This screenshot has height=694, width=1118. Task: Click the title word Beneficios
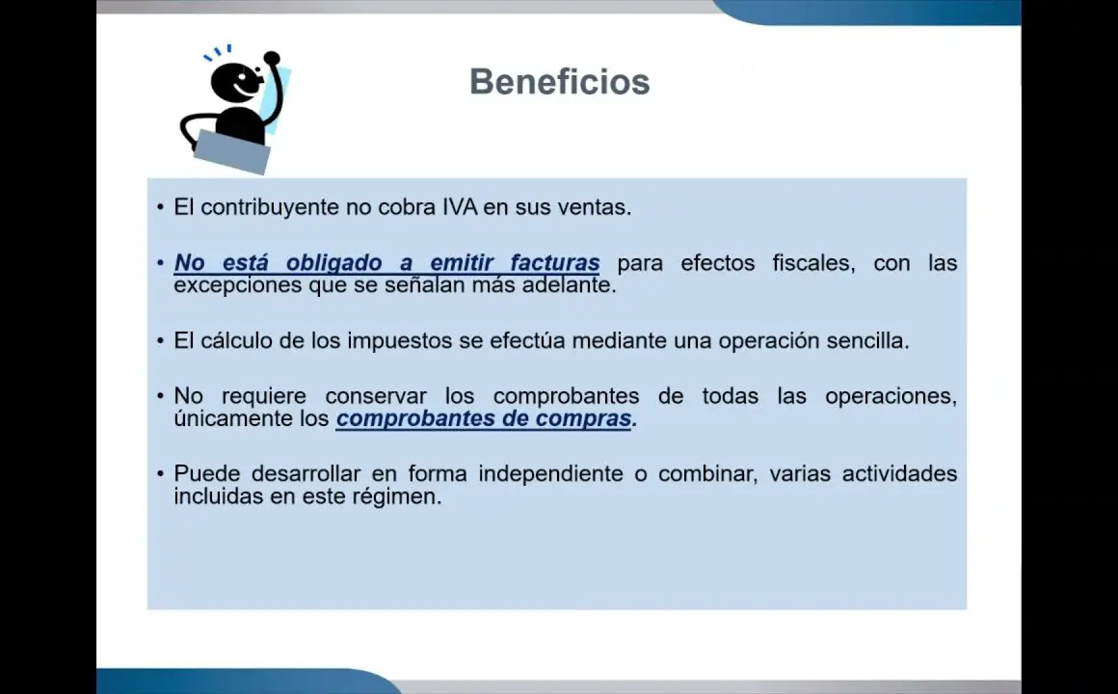(560, 81)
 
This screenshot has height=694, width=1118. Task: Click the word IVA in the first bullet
(460, 207)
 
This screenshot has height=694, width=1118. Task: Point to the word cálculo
(236, 340)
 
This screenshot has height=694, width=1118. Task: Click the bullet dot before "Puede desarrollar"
(160, 473)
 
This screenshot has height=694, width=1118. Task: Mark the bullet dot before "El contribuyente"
(160, 207)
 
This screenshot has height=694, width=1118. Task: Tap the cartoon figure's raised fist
(272, 58)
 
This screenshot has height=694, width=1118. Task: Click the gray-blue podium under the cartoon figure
(231, 152)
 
